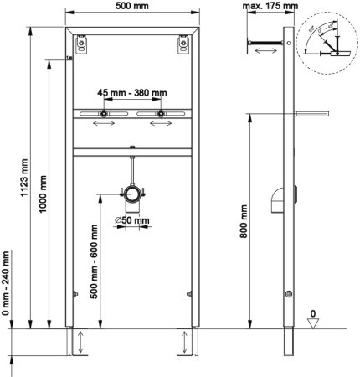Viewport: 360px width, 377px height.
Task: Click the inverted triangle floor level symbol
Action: [x=335, y=326]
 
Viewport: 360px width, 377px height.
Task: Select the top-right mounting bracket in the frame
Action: [x=179, y=45]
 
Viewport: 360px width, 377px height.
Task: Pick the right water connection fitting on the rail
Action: [x=157, y=113]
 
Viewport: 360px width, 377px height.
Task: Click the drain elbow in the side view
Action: [x=277, y=202]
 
